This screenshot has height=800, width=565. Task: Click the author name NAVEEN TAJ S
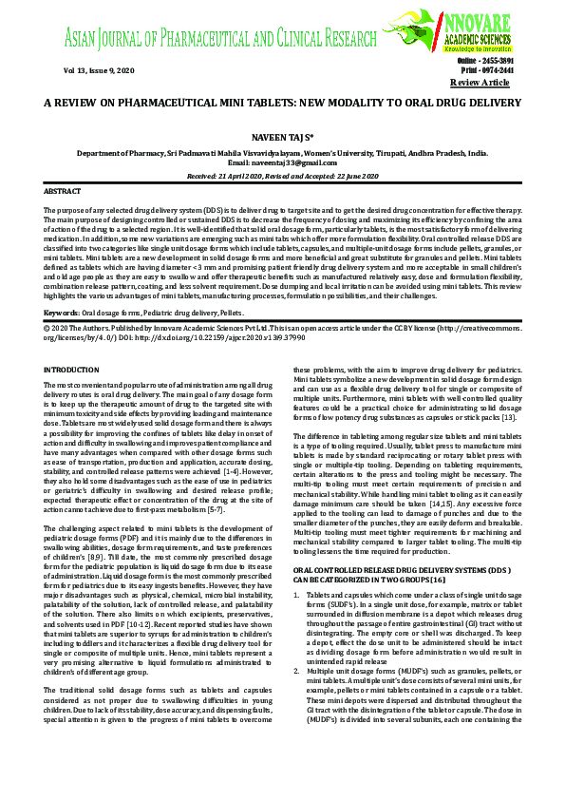(x=282, y=138)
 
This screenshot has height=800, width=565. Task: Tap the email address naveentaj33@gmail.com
(x=282, y=163)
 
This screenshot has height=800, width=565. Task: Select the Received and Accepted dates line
(x=282, y=176)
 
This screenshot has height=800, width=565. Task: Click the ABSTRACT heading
(x=63, y=191)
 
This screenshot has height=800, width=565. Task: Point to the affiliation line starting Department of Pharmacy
(x=282, y=152)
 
